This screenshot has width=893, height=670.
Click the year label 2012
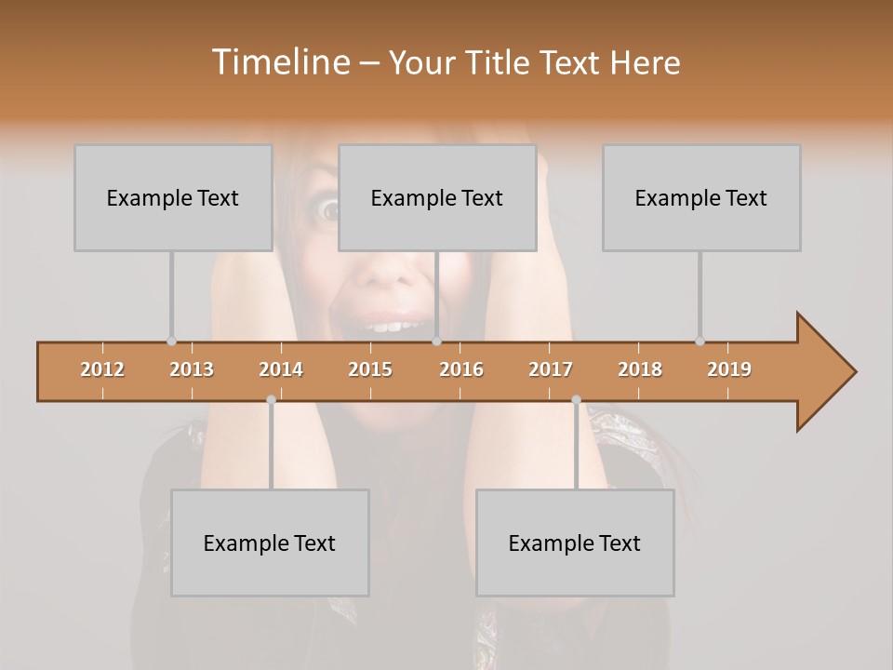click(102, 369)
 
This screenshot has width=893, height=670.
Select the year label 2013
click(192, 369)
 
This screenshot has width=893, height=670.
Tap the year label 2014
click(281, 369)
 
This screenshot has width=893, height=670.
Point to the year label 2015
click(370, 369)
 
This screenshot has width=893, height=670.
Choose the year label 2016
click(461, 369)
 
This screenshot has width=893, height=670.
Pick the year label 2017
click(551, 369)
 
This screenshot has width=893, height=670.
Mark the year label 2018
click(640, 369)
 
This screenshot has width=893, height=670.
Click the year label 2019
click(729, 369)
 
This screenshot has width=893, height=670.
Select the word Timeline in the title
click(279, 62)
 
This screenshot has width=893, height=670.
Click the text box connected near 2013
click(173, 197)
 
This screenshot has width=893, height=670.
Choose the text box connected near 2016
click(437, 197)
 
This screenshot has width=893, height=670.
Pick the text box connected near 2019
click(701, 197)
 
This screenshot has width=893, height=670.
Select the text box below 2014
click(270, 543)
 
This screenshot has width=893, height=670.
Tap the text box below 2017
click(575, 543)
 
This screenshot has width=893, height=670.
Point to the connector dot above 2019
click(700, 341)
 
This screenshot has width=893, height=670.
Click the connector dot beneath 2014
click(271, 400)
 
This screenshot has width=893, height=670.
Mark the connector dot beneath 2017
click(576, 400)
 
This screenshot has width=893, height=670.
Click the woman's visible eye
click(329, 211)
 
